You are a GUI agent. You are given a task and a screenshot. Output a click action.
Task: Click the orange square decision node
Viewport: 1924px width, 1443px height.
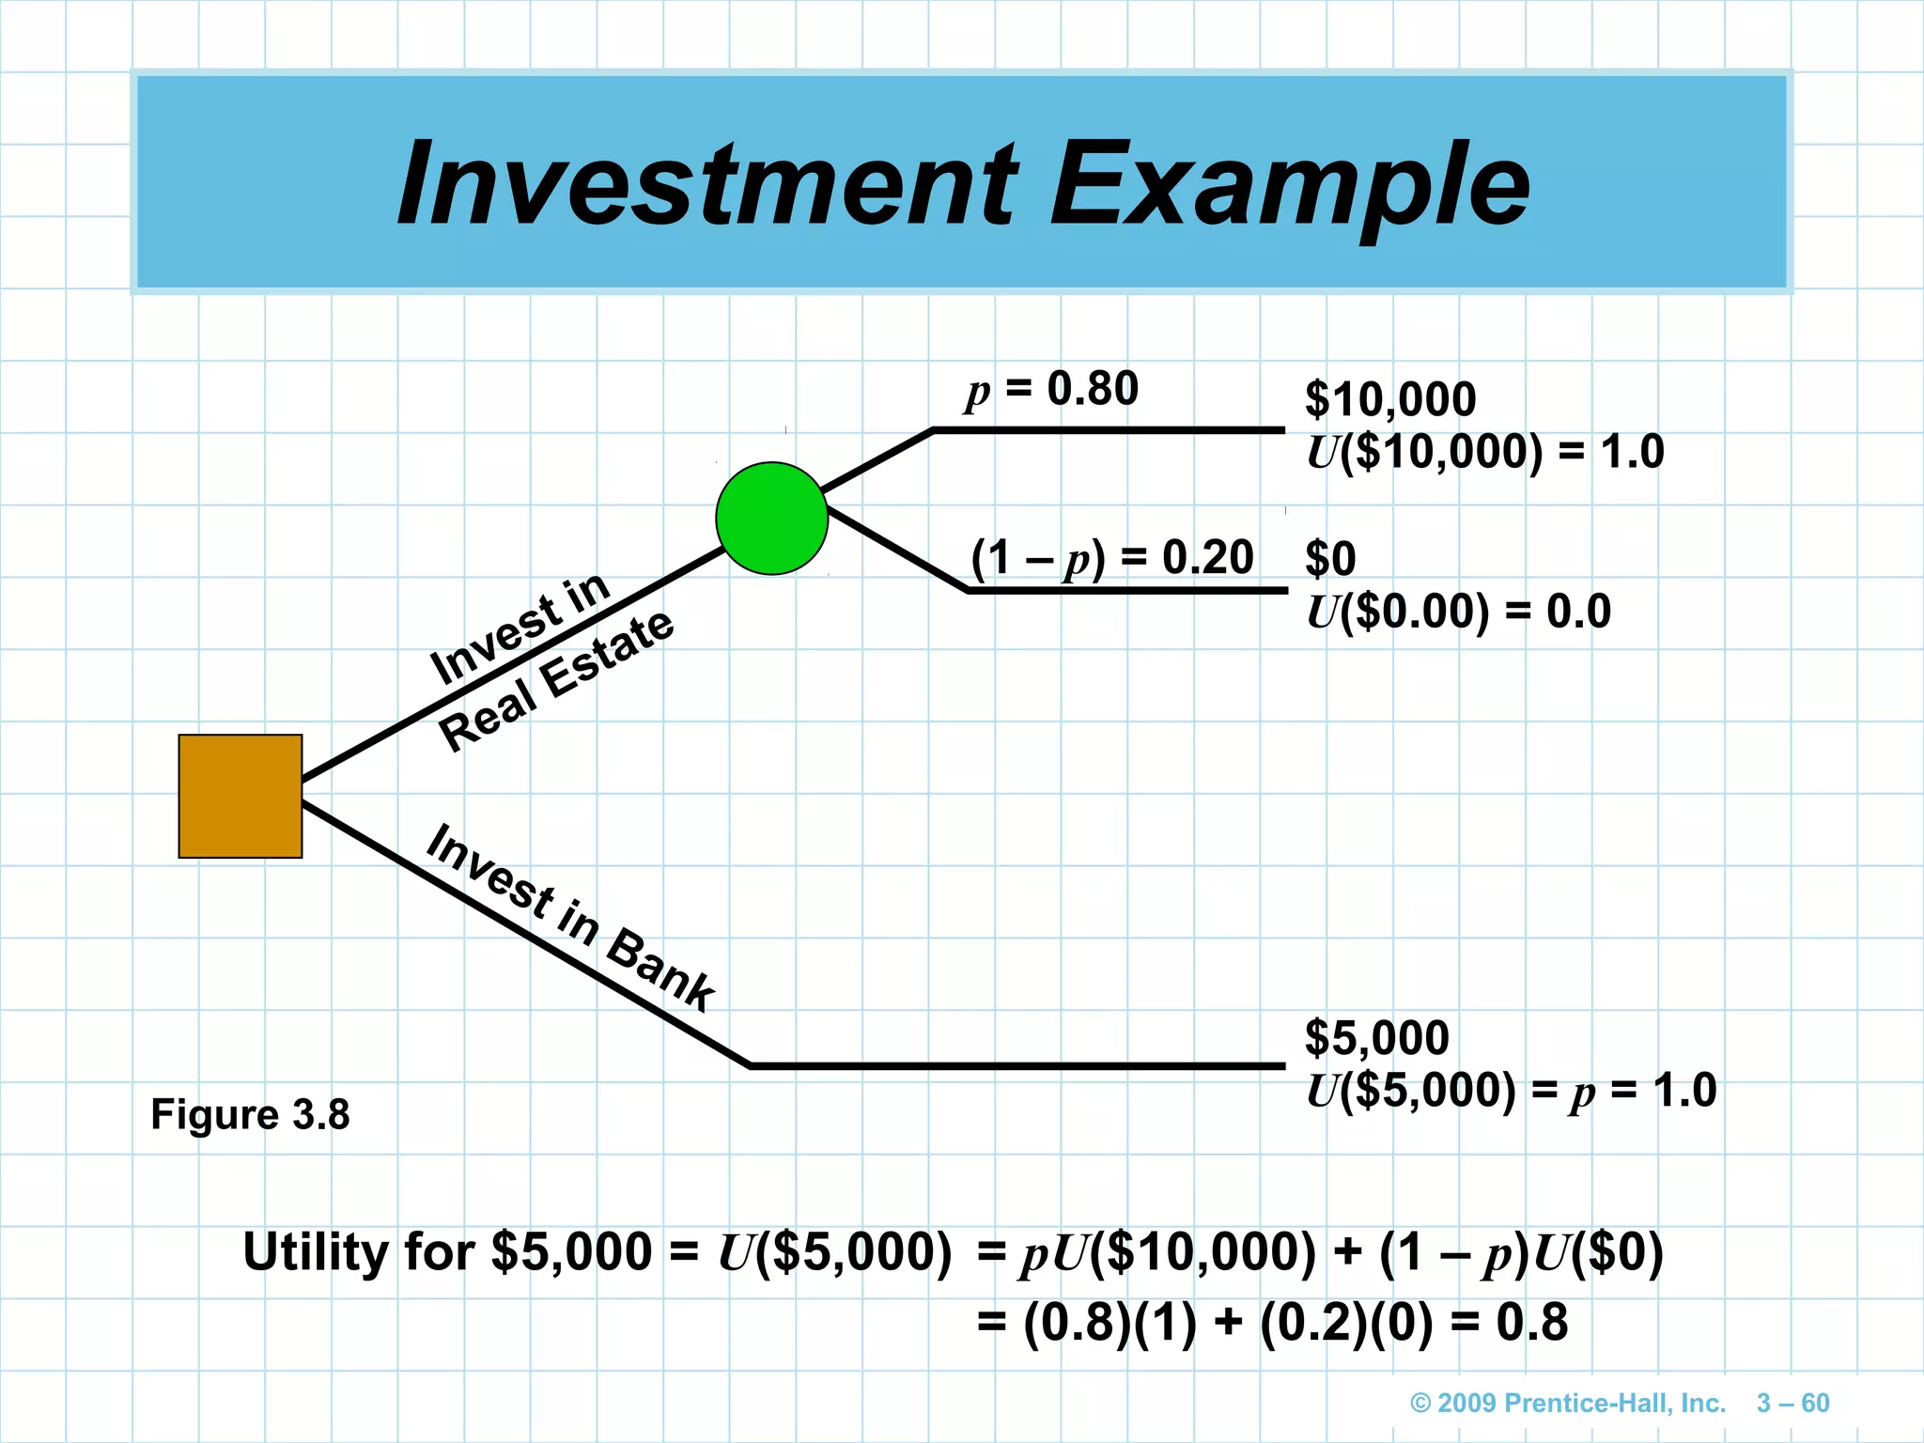tap(240, 796)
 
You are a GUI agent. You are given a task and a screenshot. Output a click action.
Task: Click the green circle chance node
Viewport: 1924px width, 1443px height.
tap(771, 518)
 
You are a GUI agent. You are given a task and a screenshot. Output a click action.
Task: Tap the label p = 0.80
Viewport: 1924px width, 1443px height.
tap(1052, 390)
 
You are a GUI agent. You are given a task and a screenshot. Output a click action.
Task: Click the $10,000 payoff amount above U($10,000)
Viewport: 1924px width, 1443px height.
tap(1390, 399)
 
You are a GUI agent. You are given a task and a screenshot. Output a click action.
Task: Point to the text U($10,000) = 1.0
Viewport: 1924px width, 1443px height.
tap(1484, 452)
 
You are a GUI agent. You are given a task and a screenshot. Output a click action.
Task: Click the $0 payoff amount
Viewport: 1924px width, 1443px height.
tap(1330, 559)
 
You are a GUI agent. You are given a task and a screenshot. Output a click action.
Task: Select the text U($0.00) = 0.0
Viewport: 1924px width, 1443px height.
tap(1458, 612)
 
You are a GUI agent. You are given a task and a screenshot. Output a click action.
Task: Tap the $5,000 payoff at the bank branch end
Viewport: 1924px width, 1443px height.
tap(1376, 1038)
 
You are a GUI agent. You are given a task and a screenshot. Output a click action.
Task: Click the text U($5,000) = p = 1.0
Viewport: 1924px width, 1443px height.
tap(1511, 1091)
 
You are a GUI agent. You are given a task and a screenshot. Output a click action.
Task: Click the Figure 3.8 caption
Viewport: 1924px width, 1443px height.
tap(250, 1115)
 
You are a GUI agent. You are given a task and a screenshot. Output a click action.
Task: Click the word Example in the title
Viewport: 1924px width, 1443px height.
tap(1289, 186)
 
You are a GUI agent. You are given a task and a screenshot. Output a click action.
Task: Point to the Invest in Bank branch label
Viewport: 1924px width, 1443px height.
tap(569, 919)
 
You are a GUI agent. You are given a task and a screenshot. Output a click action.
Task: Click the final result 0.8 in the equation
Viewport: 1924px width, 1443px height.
tap(1532, 1323)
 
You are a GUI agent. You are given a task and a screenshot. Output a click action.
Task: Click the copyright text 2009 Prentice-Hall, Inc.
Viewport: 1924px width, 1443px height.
tap(1568, 1404)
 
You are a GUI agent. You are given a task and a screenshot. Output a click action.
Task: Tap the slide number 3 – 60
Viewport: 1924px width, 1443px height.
tap(1792, 1404)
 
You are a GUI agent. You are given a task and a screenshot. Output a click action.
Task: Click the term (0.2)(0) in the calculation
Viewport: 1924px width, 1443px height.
tap(1346, 1323)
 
